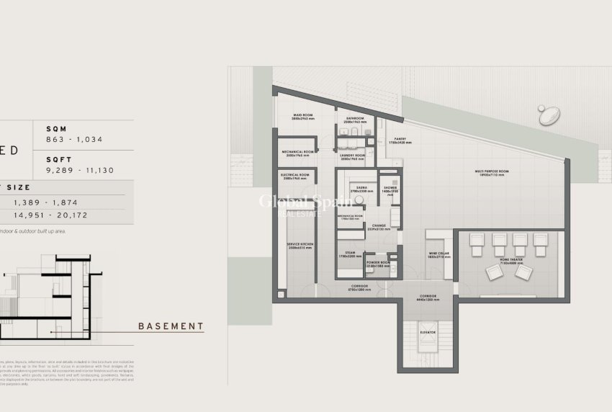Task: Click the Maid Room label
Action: (301, 115)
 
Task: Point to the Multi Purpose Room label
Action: (492, 172)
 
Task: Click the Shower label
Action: (391, 188)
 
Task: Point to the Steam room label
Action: (350, 253)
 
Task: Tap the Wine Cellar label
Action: (438, 254)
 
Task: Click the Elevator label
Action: (429, 333)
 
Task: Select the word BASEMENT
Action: (171, 326)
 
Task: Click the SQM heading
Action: (55, 128)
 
